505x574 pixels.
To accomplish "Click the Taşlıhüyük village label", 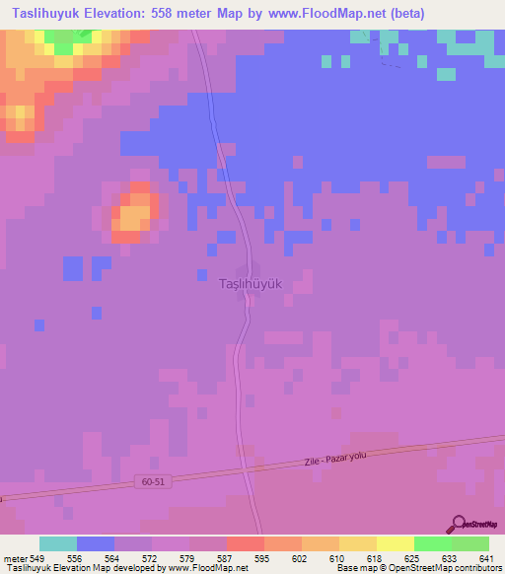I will coord(250,283).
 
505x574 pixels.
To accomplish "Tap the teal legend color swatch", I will coord(58,543).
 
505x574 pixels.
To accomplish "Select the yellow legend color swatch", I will coord(396,543).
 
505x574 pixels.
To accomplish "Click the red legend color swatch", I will coord(246,543).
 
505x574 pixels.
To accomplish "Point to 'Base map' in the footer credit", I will coord(350,568).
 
